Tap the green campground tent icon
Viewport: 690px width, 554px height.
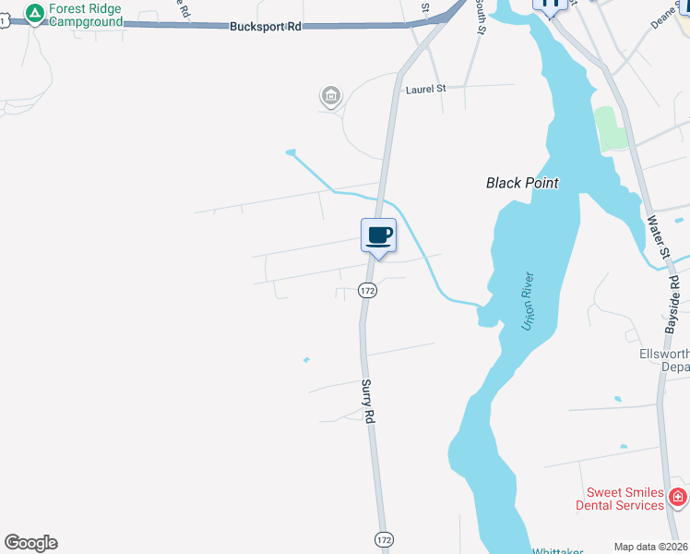(34, 13)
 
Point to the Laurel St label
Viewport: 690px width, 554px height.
(425, 89)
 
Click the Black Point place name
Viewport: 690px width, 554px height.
(522, 183)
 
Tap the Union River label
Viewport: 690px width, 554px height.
(529, 307)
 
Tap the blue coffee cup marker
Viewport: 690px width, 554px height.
(377, 235)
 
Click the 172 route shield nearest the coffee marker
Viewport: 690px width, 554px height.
(367, 290)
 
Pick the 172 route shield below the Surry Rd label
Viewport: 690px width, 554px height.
(383, 537)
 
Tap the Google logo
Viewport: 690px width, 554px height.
(30, 543)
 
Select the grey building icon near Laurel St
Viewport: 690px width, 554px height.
(330, 95)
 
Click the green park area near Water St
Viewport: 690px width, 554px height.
(610, 129)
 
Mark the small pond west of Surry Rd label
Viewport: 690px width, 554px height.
(306, 359)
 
